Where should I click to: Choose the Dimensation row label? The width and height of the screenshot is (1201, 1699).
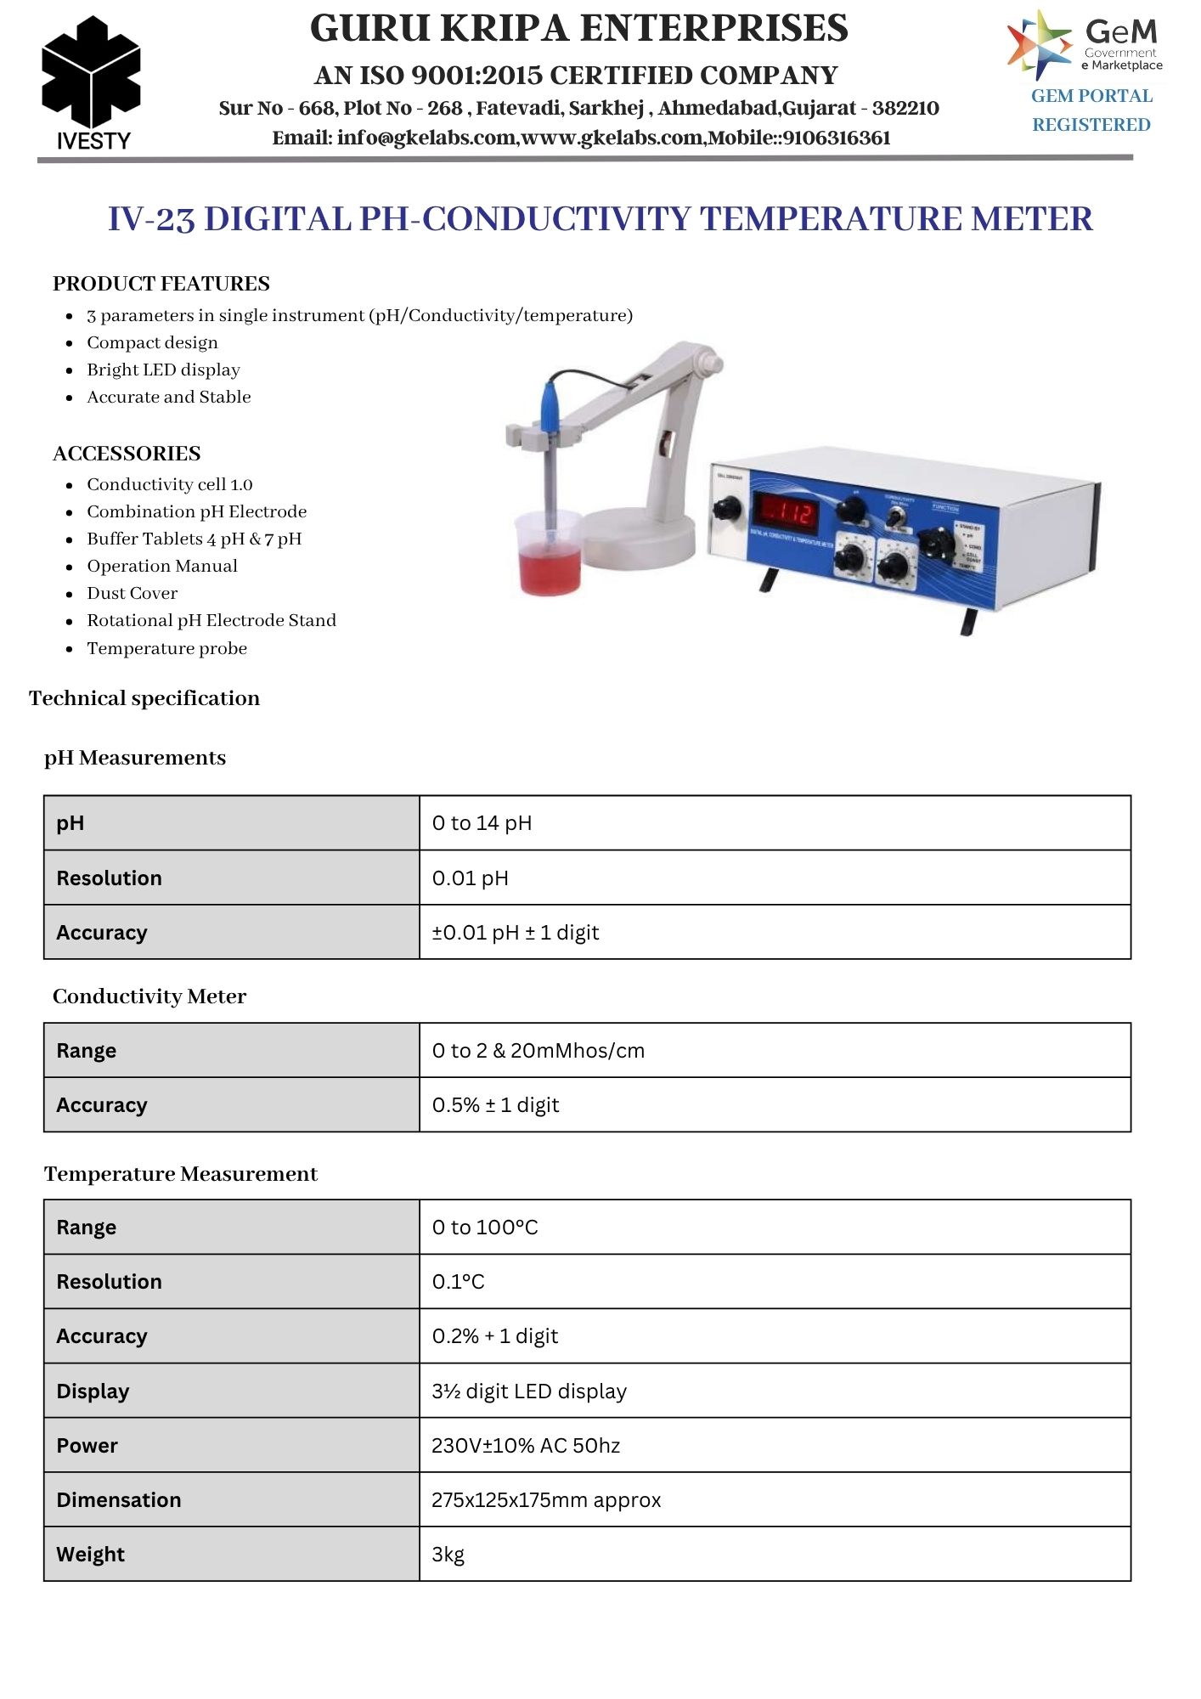(x=119, y=1500)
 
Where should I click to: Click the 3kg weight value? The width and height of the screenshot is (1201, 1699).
(x=448, y=1555)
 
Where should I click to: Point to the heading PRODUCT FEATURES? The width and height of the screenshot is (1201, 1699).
(x=161, y=284)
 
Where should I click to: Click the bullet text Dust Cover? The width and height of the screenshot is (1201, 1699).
(x=133, y=593)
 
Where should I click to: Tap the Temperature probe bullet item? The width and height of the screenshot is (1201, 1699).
(x=166, y=648)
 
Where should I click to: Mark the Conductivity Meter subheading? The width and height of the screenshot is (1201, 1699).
(x=149, y=996)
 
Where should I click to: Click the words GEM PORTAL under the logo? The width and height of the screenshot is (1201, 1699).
(x=1091, y=96)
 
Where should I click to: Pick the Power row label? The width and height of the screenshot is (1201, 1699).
(x=87, y=1446)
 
